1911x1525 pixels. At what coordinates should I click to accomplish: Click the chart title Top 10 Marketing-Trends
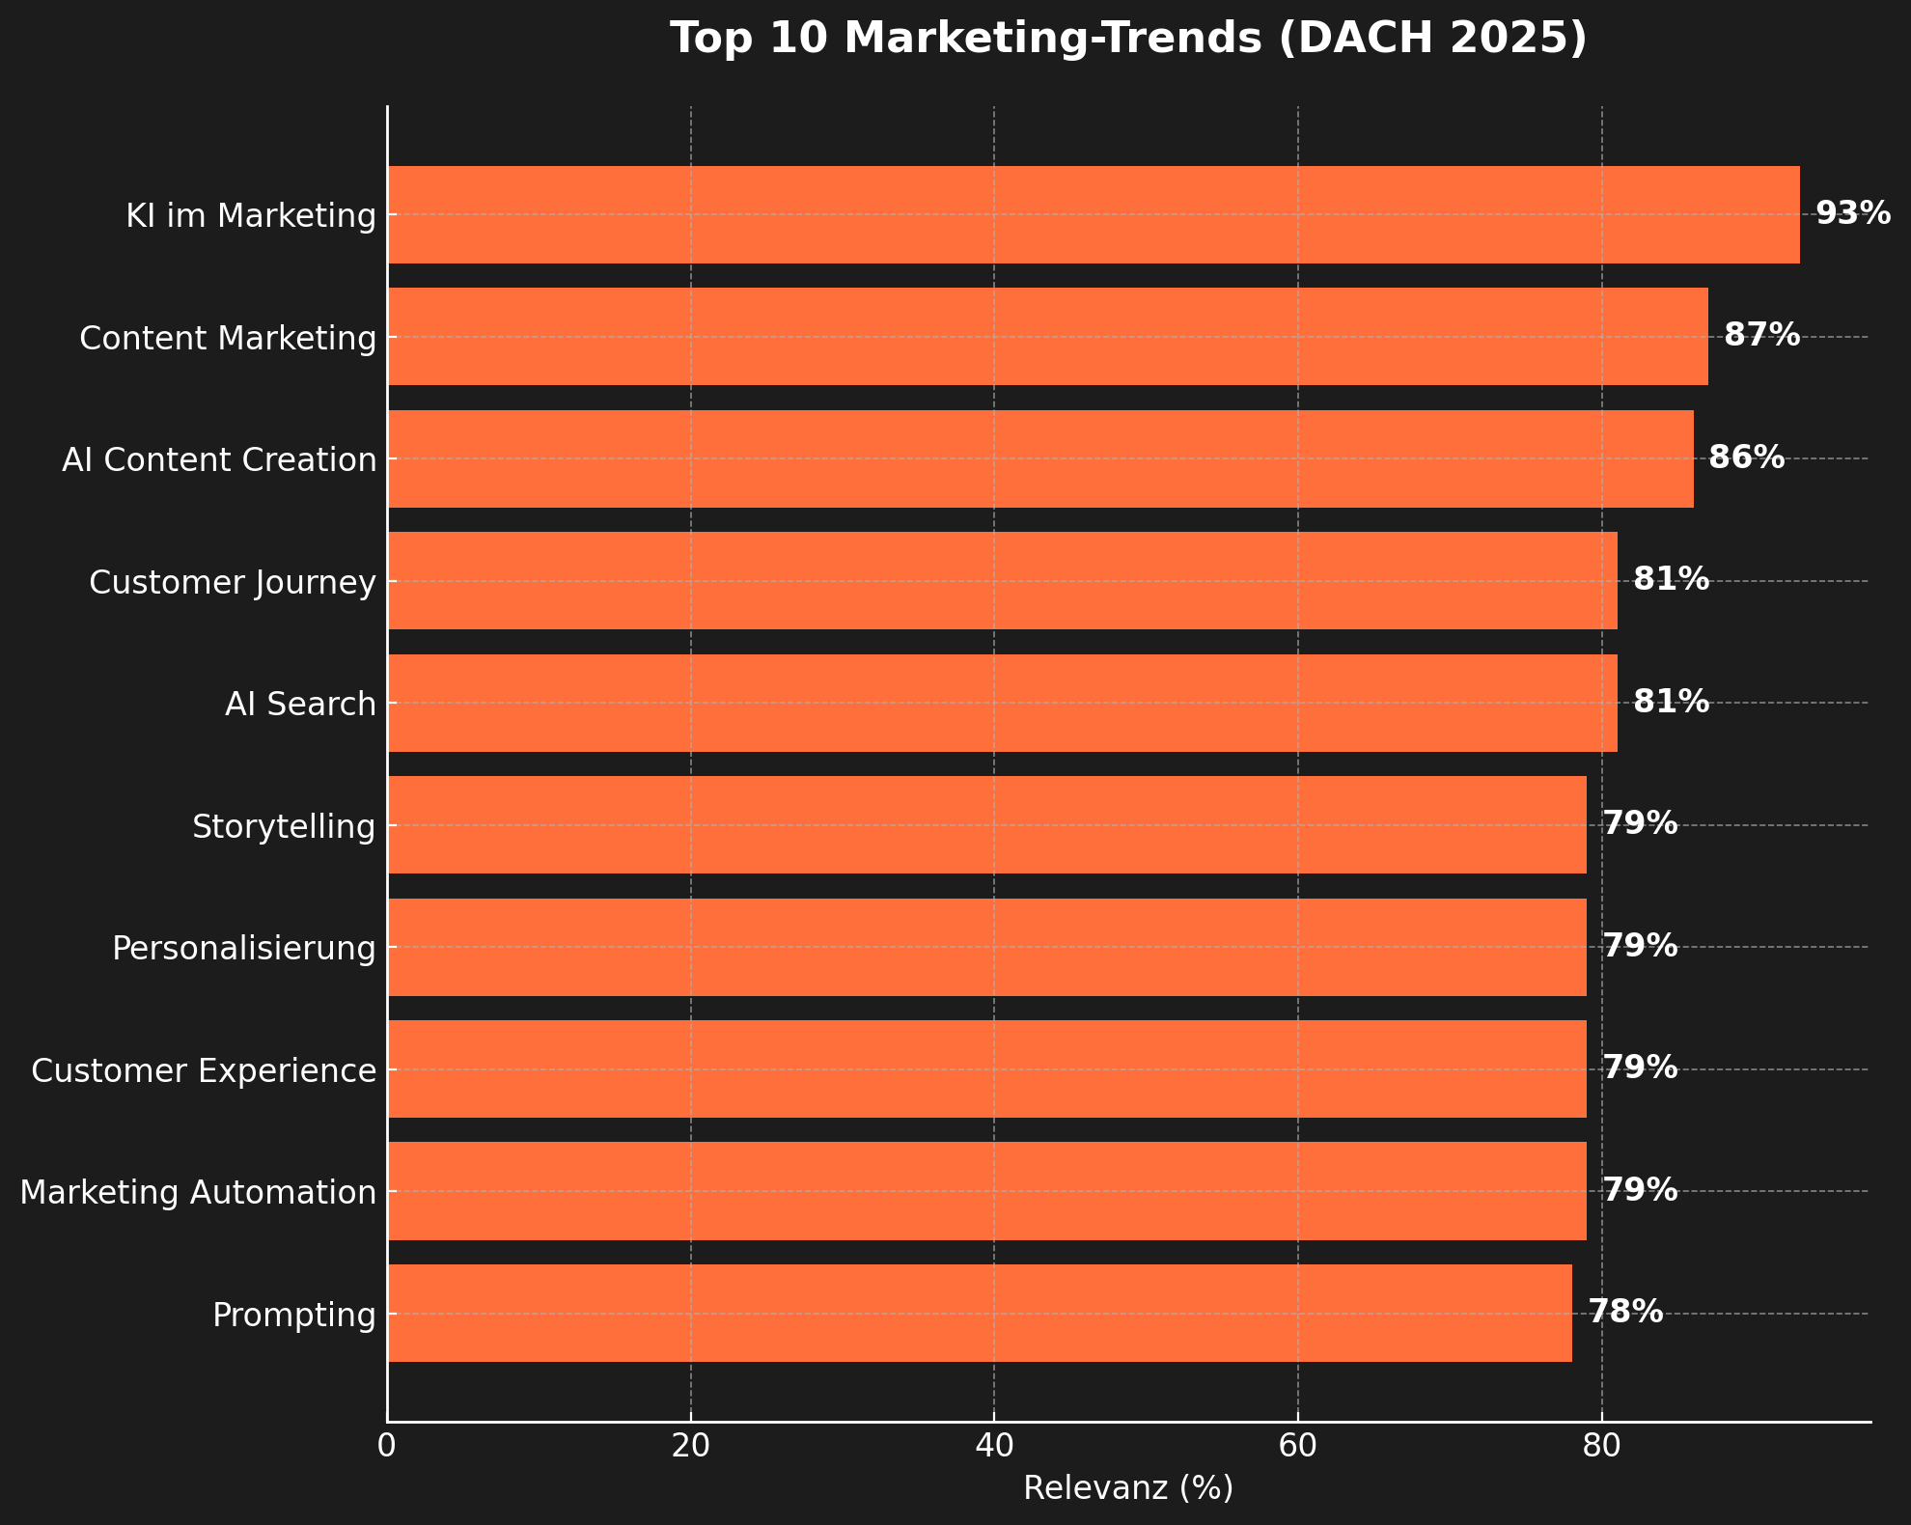(1128, 39)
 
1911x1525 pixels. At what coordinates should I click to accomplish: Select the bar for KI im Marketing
(1093, 214)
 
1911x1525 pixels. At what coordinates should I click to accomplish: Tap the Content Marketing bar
(1047, 337)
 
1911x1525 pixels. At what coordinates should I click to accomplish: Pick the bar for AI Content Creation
(1039, 458)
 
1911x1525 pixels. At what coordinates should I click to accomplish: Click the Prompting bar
(979, 1314)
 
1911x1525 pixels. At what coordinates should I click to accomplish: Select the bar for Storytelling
(986, 825)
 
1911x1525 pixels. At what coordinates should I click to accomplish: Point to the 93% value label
(1853, 213)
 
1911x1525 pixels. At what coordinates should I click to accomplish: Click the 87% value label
(1761, 336)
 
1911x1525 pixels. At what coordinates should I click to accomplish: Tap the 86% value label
(1746, 457)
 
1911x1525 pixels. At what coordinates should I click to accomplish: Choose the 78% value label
(1625, 1312)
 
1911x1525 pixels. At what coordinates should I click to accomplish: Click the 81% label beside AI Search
(1671, 702)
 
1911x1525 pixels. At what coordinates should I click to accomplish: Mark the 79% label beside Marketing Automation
(1640, 1190)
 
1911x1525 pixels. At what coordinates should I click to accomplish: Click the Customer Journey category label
(233, 582)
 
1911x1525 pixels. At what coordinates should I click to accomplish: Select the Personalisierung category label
(244, 948)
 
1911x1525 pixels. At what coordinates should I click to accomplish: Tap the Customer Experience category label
(204, 1070)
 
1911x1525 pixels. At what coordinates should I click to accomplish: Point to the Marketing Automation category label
(198, 1193)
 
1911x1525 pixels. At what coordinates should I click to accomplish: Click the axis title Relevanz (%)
(1128, 1488)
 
